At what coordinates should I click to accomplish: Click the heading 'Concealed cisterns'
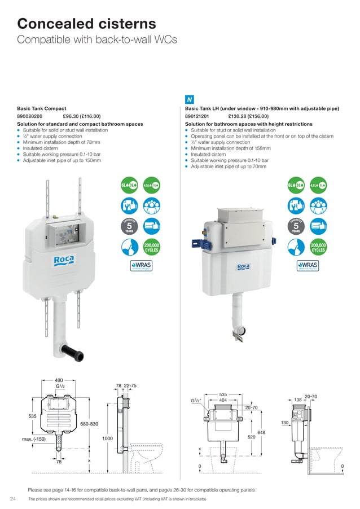[86, 24]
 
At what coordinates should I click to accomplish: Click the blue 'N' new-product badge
[190, 99]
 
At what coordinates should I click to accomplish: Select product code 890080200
[33, 116]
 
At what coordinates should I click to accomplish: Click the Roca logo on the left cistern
[64, 259]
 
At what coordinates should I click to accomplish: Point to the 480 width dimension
[59, 380]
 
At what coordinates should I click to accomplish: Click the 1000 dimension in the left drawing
[108, 438]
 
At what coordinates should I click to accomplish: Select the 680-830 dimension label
[89, 423]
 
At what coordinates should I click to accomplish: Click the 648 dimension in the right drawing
[261, 433]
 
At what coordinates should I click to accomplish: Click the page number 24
[13, 499]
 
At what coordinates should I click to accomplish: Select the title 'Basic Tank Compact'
[41, 108]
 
